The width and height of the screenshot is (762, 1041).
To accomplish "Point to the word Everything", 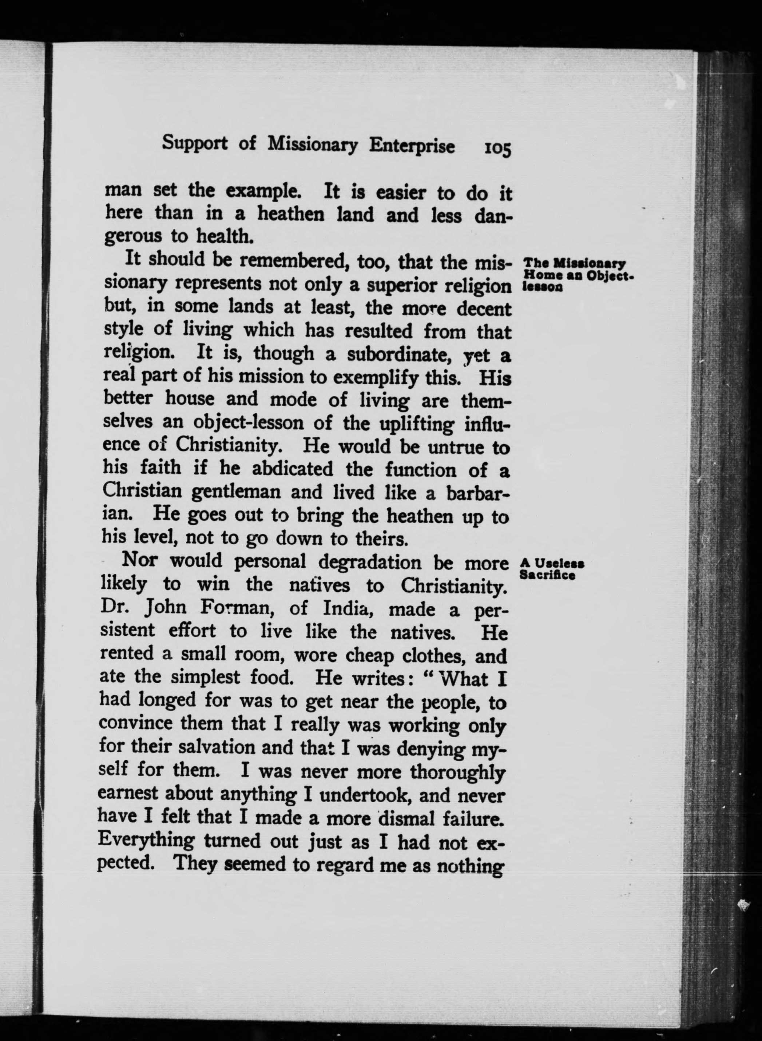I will click(146, 840).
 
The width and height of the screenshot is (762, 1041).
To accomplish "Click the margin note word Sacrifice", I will click(547, 575).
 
